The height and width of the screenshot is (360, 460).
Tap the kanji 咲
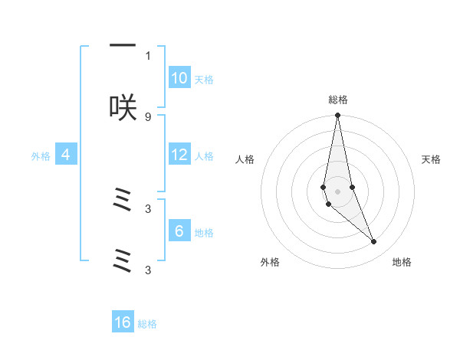(123, 107)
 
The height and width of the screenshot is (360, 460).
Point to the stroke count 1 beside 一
(148, 55)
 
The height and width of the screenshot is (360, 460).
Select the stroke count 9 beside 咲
(148, 116)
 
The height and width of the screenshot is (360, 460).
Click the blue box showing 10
(179, 78)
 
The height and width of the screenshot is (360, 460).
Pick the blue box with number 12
(179, 155)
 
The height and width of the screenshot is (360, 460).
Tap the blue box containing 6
(179, 231)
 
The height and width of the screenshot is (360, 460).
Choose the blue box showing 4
(66, 155)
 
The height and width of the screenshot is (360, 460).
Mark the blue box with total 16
(123, 322)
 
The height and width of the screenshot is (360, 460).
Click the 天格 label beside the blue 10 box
(204, 80)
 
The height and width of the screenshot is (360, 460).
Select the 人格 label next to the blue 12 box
(204, 156)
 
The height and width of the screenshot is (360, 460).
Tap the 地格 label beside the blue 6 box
(204, 233)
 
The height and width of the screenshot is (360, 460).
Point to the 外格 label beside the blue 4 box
(41, 156)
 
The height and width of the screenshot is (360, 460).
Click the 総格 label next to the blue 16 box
(147, 324)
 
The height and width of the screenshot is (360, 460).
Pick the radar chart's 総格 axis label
(338, 100)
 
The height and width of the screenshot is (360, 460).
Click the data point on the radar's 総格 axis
(337, 116)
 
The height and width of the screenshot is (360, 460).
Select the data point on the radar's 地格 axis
(374, 242)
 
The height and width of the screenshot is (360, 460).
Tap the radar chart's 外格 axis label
(270, 262)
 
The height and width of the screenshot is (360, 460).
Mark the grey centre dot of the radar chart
(337, 191)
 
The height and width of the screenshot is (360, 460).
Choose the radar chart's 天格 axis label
(432, 159)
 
